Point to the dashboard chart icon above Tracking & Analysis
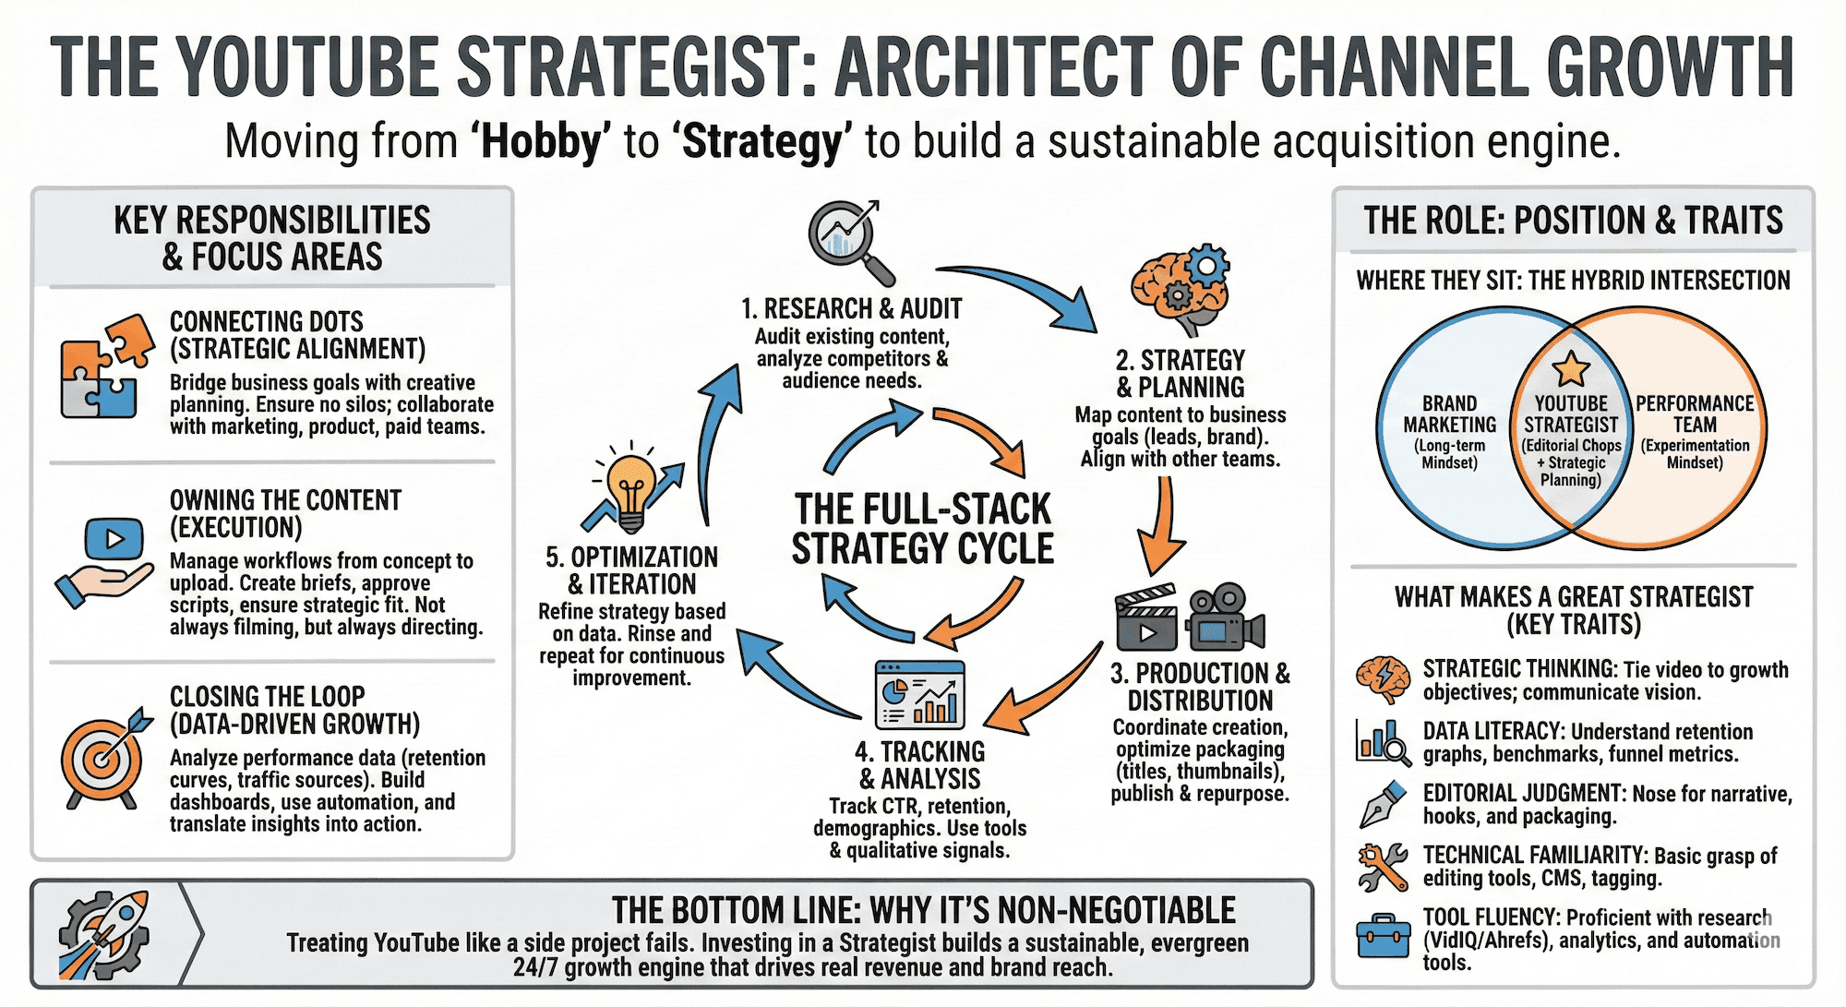(918, 694)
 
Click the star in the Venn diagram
(1570, 369)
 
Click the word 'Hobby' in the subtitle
(541, 142)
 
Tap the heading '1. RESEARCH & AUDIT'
(851, 308)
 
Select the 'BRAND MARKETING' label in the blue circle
(1449, 414)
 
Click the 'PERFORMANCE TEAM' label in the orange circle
(1695, 414)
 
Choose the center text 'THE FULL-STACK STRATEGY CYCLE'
(923, 529)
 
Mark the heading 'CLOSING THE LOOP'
(268, 696)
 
